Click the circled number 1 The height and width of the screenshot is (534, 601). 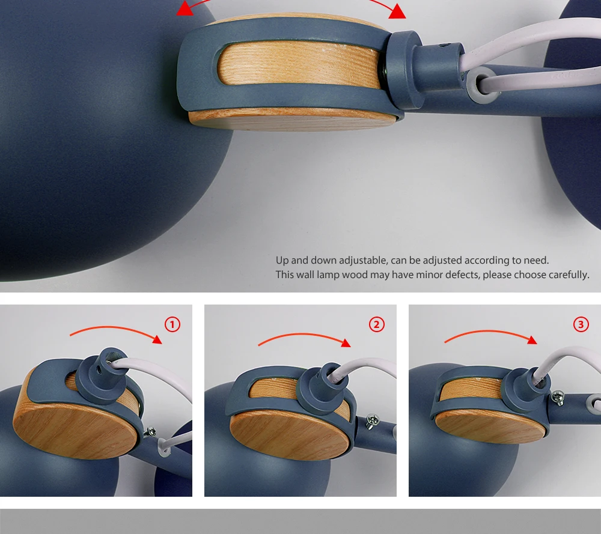coord(172,324)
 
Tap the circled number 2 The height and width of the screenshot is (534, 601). coord(376,324)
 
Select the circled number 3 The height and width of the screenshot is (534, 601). coord(581,324)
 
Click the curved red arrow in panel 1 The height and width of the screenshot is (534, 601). coord(115,329)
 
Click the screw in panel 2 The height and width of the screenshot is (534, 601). coord(372,421)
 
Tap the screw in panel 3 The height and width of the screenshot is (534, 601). coord(558,398)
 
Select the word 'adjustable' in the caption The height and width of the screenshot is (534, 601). coord(364,261)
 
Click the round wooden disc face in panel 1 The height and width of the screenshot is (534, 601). coord(75,430)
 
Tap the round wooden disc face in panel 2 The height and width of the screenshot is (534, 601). coord(290,435)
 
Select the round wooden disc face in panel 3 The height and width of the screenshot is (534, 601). coord(490,426)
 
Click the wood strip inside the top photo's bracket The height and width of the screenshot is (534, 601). coord(299,64)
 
